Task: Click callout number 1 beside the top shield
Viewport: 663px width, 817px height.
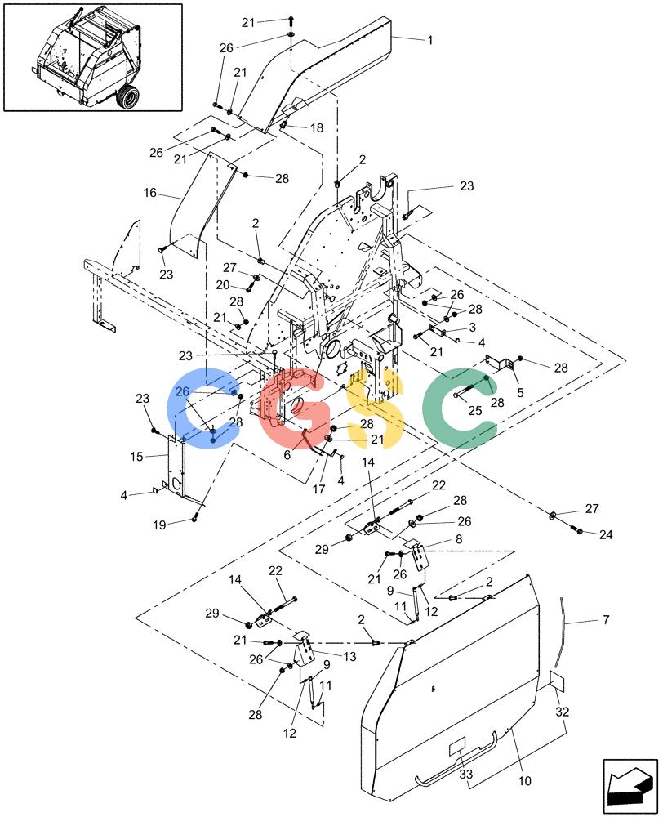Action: pos(429,40)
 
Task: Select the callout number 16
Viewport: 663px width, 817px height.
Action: pos(150,194)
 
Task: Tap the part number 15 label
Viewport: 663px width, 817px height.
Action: pos(136,457)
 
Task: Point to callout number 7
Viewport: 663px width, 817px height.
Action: pos(606,619)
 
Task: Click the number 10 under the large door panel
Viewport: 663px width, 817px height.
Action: pos(524,780)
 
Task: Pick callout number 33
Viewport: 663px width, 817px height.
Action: pos(465,775)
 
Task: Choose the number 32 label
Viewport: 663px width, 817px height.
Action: pos(563,712)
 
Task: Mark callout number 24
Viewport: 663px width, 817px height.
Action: pos(606,534)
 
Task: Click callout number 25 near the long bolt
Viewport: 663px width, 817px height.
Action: pos(475,411)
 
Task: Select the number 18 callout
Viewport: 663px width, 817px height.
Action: pos(317,127)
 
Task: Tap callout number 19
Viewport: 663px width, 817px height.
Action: pos(159,525)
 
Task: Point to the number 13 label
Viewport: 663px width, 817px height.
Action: pos(349,657)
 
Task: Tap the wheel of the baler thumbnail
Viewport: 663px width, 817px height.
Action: pos(128,98)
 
